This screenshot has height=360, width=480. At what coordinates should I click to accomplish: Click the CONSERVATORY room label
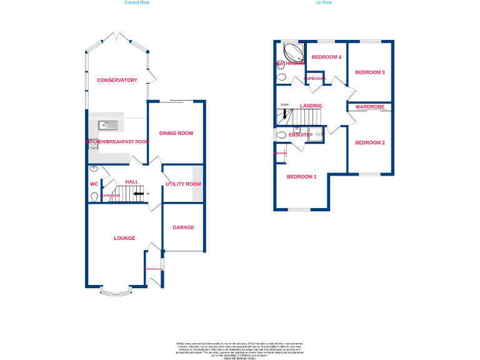coord(117,80)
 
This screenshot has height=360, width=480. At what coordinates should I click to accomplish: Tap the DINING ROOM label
coord(176,133)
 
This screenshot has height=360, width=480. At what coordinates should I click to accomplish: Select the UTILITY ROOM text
coord(183,184)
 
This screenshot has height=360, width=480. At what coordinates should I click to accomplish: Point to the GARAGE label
coord(183,227)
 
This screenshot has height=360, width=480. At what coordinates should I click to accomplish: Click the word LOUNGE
coord(124,238)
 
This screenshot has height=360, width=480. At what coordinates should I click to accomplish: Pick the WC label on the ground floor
coord(94,184)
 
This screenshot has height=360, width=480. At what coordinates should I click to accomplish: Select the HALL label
coord(132,182)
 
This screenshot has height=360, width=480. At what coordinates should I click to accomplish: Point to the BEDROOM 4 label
coord(327,57)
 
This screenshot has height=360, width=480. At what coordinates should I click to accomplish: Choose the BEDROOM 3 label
coord(370,72)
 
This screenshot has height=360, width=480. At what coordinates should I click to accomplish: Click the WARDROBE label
coord(370,107)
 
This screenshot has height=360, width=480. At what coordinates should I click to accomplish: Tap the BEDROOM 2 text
coord(370,142)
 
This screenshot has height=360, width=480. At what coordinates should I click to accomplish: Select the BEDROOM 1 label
coord(301,176)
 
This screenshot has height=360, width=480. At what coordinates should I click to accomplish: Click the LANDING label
coord(311,106)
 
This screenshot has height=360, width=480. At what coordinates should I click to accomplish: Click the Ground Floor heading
coord(136,2)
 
